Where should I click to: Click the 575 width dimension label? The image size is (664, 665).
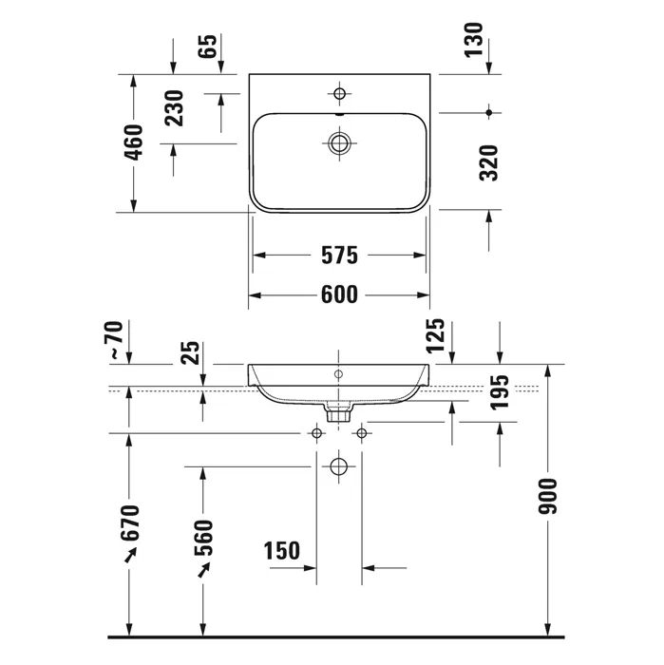339,256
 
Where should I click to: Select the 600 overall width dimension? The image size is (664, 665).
339,294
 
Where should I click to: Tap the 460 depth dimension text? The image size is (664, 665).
134,142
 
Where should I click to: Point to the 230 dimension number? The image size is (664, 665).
174,108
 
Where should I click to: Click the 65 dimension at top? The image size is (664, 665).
208,47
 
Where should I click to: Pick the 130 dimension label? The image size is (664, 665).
473,40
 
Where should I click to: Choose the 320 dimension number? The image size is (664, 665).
488,163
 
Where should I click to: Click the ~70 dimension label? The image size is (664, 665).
116,340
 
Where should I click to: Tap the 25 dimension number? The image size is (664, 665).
190,352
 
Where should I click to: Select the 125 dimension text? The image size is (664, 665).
435,336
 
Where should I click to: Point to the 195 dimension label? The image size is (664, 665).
499,392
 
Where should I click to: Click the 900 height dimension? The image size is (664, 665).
547,496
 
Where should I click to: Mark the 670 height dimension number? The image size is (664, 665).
130,522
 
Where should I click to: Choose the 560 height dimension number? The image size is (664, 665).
203,538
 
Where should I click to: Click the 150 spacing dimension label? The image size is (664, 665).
281,551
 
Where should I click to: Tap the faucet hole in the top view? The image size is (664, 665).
339,93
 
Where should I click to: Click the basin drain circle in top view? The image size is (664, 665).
339,142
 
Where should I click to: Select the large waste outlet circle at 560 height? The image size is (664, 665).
338,467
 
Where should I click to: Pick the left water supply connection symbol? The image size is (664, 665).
316,433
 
